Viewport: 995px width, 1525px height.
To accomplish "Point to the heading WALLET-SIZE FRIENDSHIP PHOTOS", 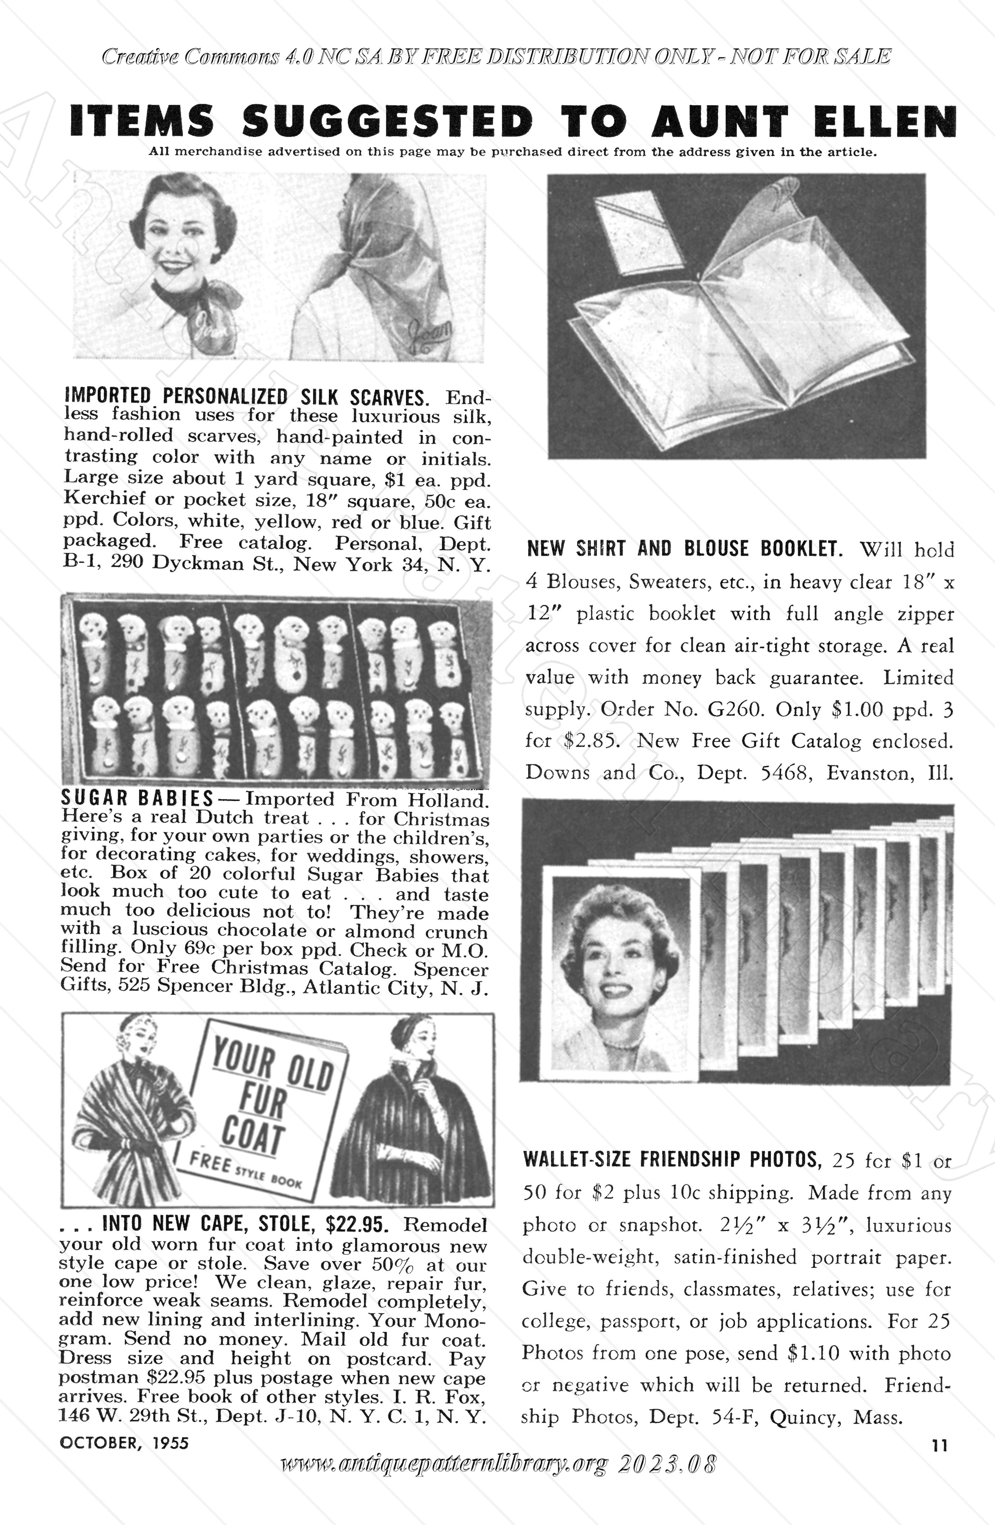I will [672, 1160].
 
